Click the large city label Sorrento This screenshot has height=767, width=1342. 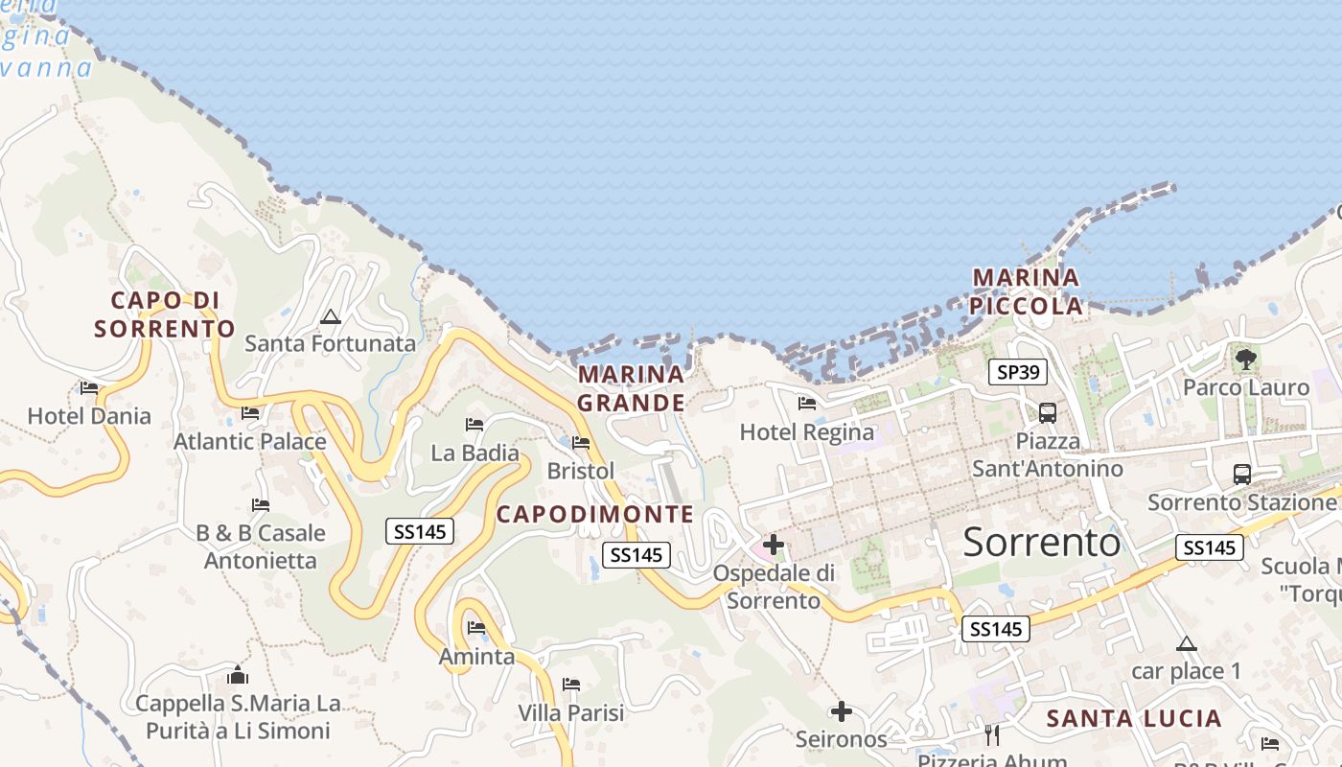click(1041, 543)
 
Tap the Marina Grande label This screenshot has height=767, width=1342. click(632, 387)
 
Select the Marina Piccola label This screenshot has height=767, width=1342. click(1026, 291)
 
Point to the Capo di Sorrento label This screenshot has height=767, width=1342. click(165, 314)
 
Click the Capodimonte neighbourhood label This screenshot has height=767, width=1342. click(594, 514)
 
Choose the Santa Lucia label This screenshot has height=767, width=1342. click(1134, 718)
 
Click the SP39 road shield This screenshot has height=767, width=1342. click(1017, 372)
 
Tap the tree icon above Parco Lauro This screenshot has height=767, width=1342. click(1245, 360)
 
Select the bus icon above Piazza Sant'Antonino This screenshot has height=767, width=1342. click(1048, 413)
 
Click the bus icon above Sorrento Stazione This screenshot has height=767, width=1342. click(1242, 474)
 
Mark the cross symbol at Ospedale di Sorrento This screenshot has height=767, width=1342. click(774, 546)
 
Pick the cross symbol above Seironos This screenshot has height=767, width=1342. click(842, 711)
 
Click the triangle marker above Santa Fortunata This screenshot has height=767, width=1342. click(331, 316)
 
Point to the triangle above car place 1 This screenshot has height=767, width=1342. click(1187, 643)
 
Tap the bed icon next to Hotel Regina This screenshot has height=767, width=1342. click(807, 404)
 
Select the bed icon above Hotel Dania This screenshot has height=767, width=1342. click(89, 388)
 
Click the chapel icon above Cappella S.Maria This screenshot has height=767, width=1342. click(238, 675)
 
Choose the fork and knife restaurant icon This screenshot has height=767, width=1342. click(992, 735)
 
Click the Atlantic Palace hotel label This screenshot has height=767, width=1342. click(249, 441)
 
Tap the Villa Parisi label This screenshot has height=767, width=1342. click(570, 712)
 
